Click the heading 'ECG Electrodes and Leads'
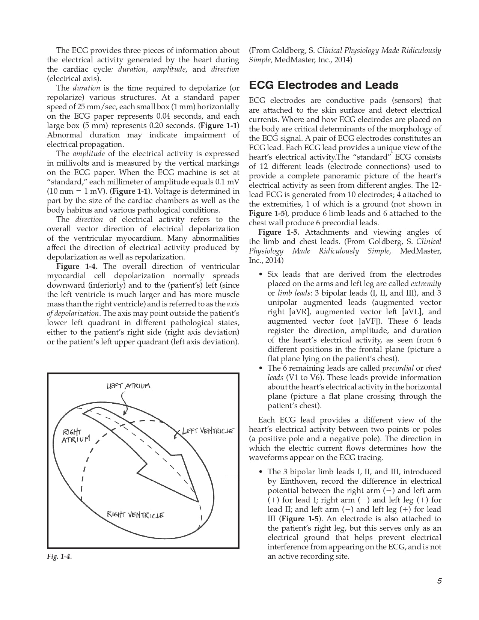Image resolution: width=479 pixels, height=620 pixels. click(x=324, y=85)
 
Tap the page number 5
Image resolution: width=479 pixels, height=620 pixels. click(x=439, y=581)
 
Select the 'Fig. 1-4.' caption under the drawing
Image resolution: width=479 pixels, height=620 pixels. click(x=59, y=557)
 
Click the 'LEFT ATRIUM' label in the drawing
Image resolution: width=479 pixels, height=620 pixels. click(x=128, y=386)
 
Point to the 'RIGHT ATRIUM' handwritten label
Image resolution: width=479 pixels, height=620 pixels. click(x=76, y=436)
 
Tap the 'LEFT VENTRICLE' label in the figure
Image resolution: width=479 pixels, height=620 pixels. click(x=208, y=431)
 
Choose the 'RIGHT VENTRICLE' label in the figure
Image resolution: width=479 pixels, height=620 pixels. click(x=135, y=514)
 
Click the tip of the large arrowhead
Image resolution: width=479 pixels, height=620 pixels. click(x=197, y=501)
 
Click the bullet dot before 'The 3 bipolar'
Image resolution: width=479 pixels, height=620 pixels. click(x=261, y=472)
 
